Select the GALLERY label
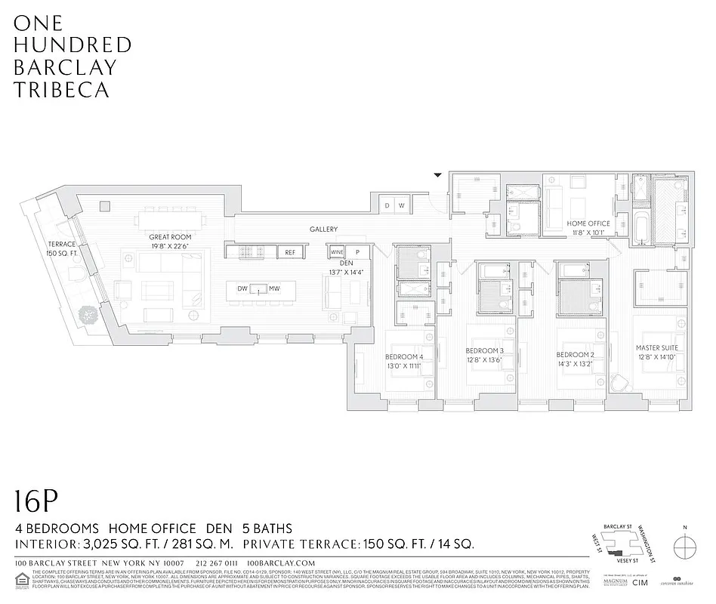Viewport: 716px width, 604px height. (323, 229)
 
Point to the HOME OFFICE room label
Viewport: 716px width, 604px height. (588, 223)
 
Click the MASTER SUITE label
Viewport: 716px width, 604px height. (656, 348)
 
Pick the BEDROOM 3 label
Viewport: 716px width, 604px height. (484, 351)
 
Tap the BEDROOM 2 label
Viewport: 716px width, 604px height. (576, 355)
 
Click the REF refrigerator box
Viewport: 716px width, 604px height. (290, 252)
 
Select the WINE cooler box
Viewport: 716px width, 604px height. (336, 252)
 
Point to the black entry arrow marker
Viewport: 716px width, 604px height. (437, 176)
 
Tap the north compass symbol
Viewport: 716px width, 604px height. (684, 545)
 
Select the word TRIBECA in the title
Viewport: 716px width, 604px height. (62, 89)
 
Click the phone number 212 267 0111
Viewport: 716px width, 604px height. (216, 563)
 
